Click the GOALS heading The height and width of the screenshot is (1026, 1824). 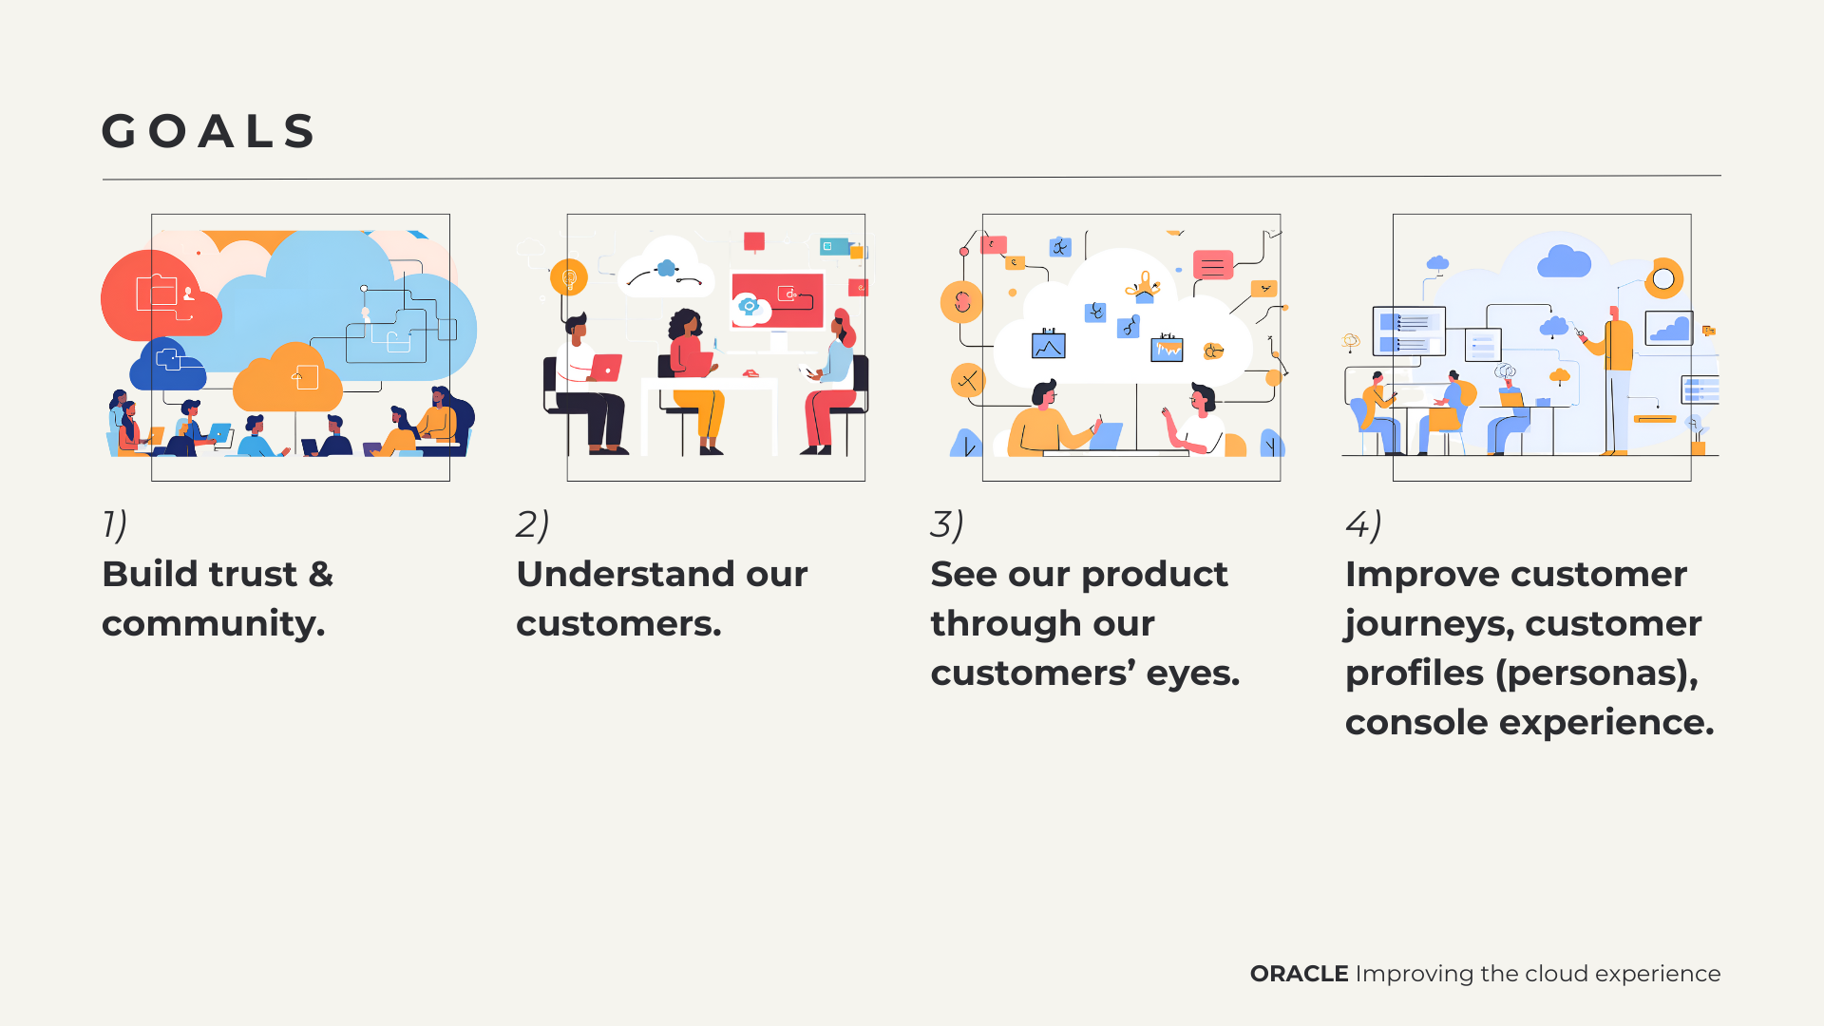[x=209, y=131]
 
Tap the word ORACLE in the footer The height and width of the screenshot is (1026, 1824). [x=1299, y=974]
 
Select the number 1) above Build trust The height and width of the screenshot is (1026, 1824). [x=115, y=524]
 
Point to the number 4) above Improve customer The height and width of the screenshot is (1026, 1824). [x=1363, y=524]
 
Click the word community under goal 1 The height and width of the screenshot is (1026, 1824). [x=213, y=624]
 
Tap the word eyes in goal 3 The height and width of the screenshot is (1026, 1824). [x=1193, y=674]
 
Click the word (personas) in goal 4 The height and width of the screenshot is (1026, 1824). [x=1597, y=674]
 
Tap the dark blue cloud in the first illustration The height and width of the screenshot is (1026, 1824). [x=167, y=364]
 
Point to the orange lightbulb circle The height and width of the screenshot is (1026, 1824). [x=569, y=277]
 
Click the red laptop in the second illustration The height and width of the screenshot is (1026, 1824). [x=605, y=368]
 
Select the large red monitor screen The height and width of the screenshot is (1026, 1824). [x=777, y=299]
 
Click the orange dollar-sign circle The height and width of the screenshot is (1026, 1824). [x=961, y=302]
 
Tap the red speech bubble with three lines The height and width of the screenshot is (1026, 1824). [x=1213, y=265]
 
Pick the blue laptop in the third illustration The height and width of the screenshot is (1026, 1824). [x=1107, y=436]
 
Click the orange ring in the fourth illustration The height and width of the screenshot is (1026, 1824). [x=1663, y=278]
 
